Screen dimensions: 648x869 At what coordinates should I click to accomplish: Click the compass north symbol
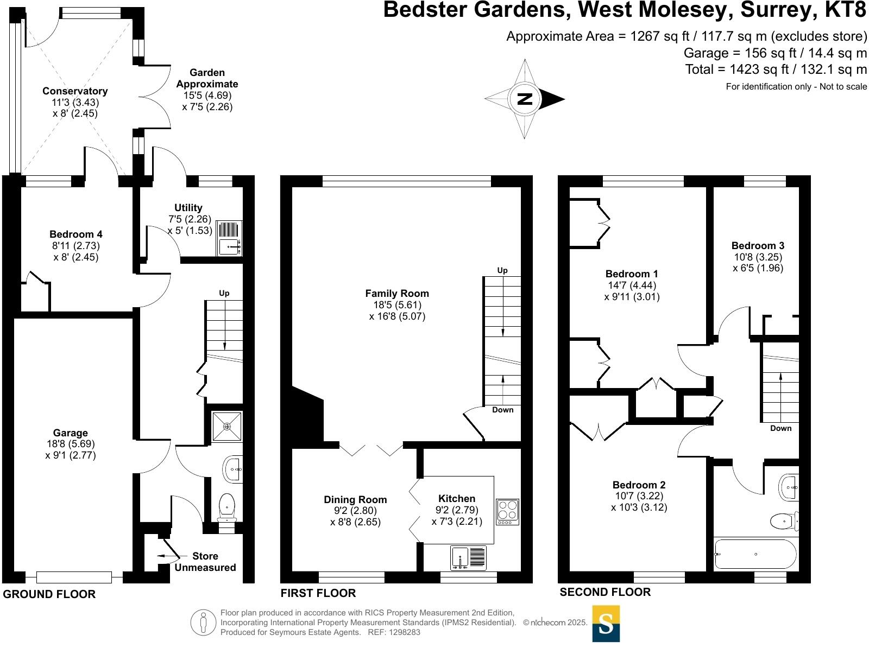pyautogui.click(x=525, y=99)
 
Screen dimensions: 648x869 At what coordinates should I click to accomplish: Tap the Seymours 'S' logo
pyautogui.click(x=606, y=624)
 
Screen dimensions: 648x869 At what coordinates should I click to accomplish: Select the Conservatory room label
pyautogui.click(x=75, y=91)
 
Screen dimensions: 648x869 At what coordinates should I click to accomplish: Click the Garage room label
pyautogui.click(x=71, y=433)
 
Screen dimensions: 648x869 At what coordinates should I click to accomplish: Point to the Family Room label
pyautogui.click(x=397, y=294)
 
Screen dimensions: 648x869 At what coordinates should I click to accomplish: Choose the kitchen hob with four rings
pyautogui.click(x=507, y=512)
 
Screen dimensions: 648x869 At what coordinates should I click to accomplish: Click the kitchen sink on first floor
pyautogui.click(x=468, y=558)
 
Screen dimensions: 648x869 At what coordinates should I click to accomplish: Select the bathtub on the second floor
pyautogui.click(x=755, y=554)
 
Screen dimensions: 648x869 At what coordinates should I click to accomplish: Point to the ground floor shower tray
pyautogui.click(x=226, y=427)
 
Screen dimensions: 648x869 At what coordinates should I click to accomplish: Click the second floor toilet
pyautogui.click(x=784, y=522)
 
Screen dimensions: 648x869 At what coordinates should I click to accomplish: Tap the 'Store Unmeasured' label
pyautogui.click(x=205, y=562)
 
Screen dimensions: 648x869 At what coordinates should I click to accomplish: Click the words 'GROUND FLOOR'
pyautogui.click(x=49, y=594)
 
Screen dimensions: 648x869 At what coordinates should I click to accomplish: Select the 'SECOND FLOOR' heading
pyautogui.click(x=605, y=592)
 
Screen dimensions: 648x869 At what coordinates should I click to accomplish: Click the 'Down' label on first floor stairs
pyautogui.click(x=502, y=410)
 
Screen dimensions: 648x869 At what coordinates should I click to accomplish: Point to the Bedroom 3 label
pyautogui.click(x=758, y=246)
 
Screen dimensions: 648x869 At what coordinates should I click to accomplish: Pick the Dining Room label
pyautogui.click(x=355, y=500)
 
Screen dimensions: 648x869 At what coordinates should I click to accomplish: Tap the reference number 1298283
pyautogui.click(x=401, y=632)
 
